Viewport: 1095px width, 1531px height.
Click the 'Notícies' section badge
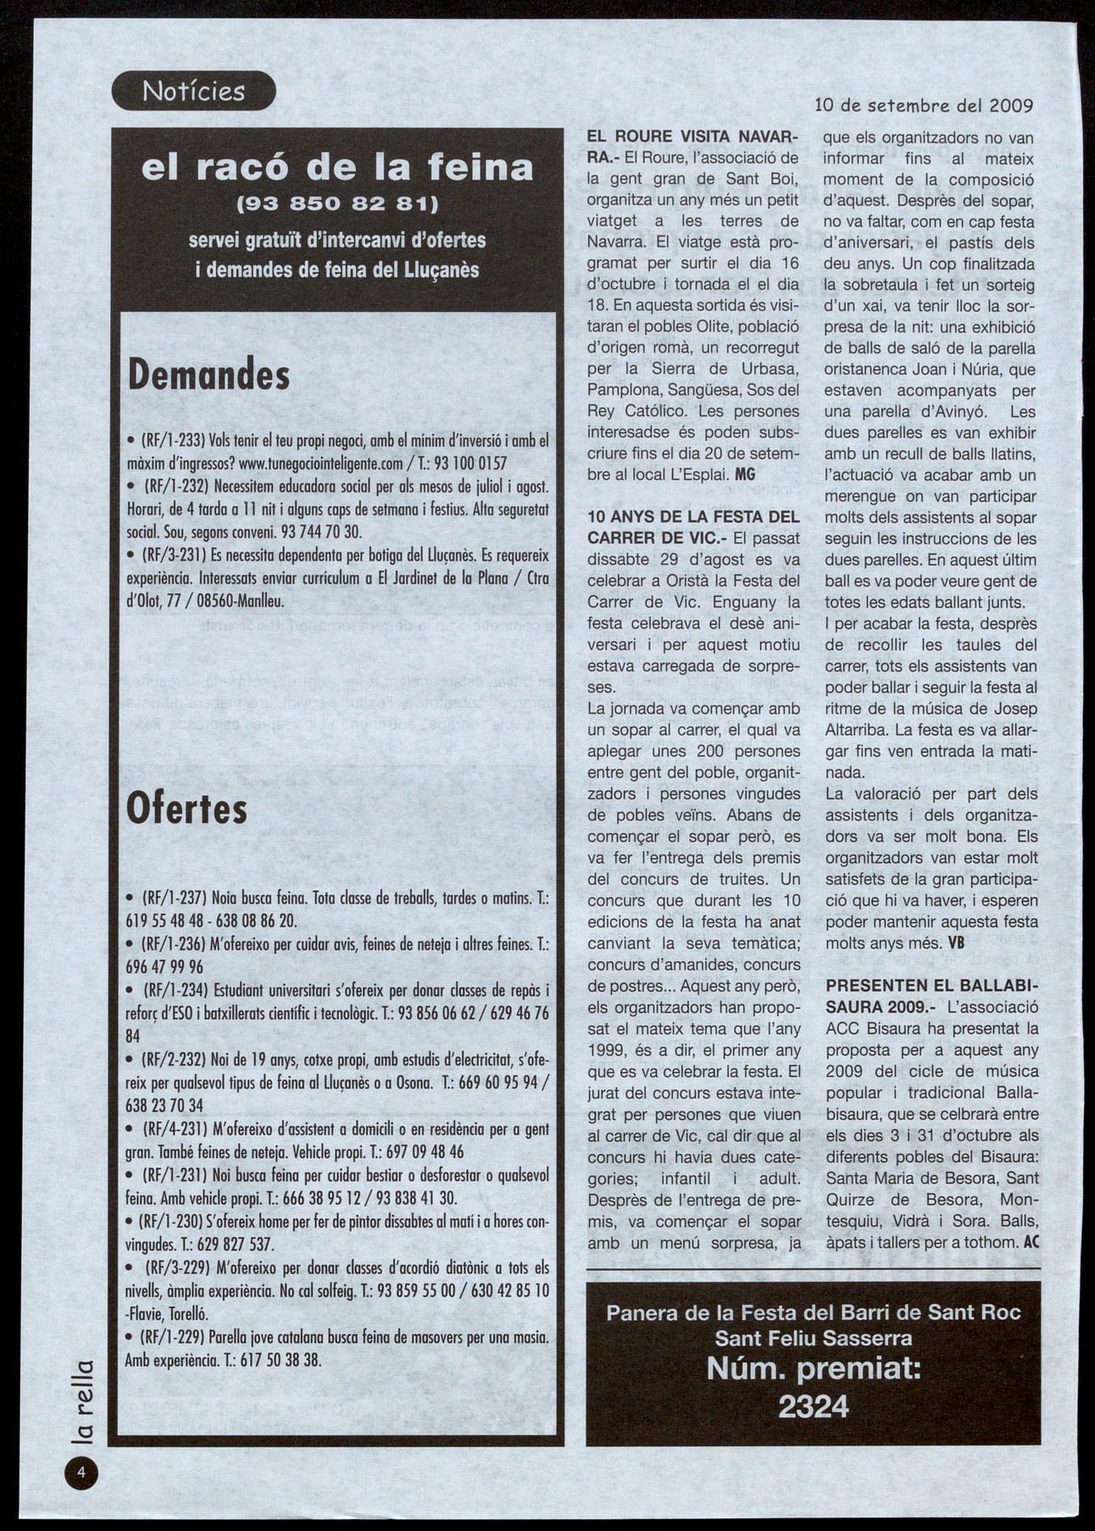(193, 91)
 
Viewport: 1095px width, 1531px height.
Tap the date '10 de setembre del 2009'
(923, 106)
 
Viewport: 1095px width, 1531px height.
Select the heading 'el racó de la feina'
(337, 168)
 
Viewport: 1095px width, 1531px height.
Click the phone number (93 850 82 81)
(337, 204)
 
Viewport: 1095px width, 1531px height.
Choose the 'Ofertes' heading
(186, 809)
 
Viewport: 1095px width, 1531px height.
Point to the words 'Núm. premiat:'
(814, 1370)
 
